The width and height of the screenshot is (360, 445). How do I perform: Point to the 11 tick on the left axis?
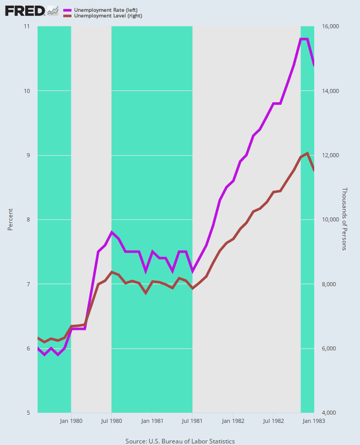(26, 27)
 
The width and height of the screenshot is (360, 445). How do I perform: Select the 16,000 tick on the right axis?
(331, 27)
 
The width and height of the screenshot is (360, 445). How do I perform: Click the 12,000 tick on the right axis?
(331, 156)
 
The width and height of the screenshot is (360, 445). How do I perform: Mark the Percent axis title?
(10, 219)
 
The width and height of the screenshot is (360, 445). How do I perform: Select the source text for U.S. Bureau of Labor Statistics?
(180, 441)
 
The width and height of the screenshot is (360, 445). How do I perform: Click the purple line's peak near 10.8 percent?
(304, 39)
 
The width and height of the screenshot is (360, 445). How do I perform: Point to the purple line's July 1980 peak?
(112, 232)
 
